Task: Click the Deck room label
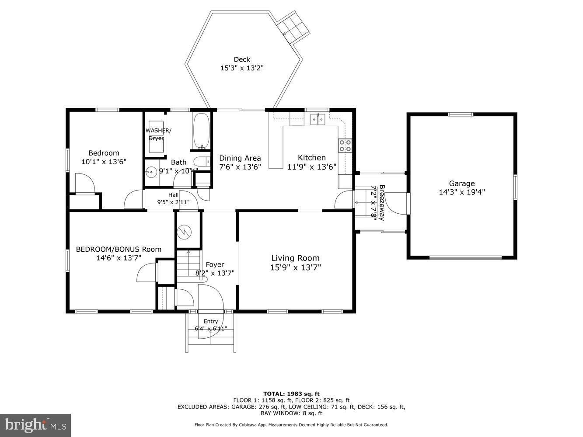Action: click(241, 59)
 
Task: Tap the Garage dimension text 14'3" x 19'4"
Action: click(461, 192)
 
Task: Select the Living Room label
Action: click(295, 258)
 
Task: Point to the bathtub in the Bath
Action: click(201, 131)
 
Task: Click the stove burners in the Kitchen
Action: click(345, 146)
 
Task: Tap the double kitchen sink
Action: click(318, 119)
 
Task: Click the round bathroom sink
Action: click(152, 172)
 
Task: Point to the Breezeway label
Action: click(382, 202)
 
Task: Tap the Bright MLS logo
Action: click(35, 424)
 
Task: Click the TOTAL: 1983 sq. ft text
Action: click(291, 394)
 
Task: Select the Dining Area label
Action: click(240, 158)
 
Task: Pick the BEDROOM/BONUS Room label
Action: click(119, 249)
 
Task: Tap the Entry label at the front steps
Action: click(210, 321)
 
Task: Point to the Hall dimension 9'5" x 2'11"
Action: click(173, 202)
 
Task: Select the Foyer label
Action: click(215, 264)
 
